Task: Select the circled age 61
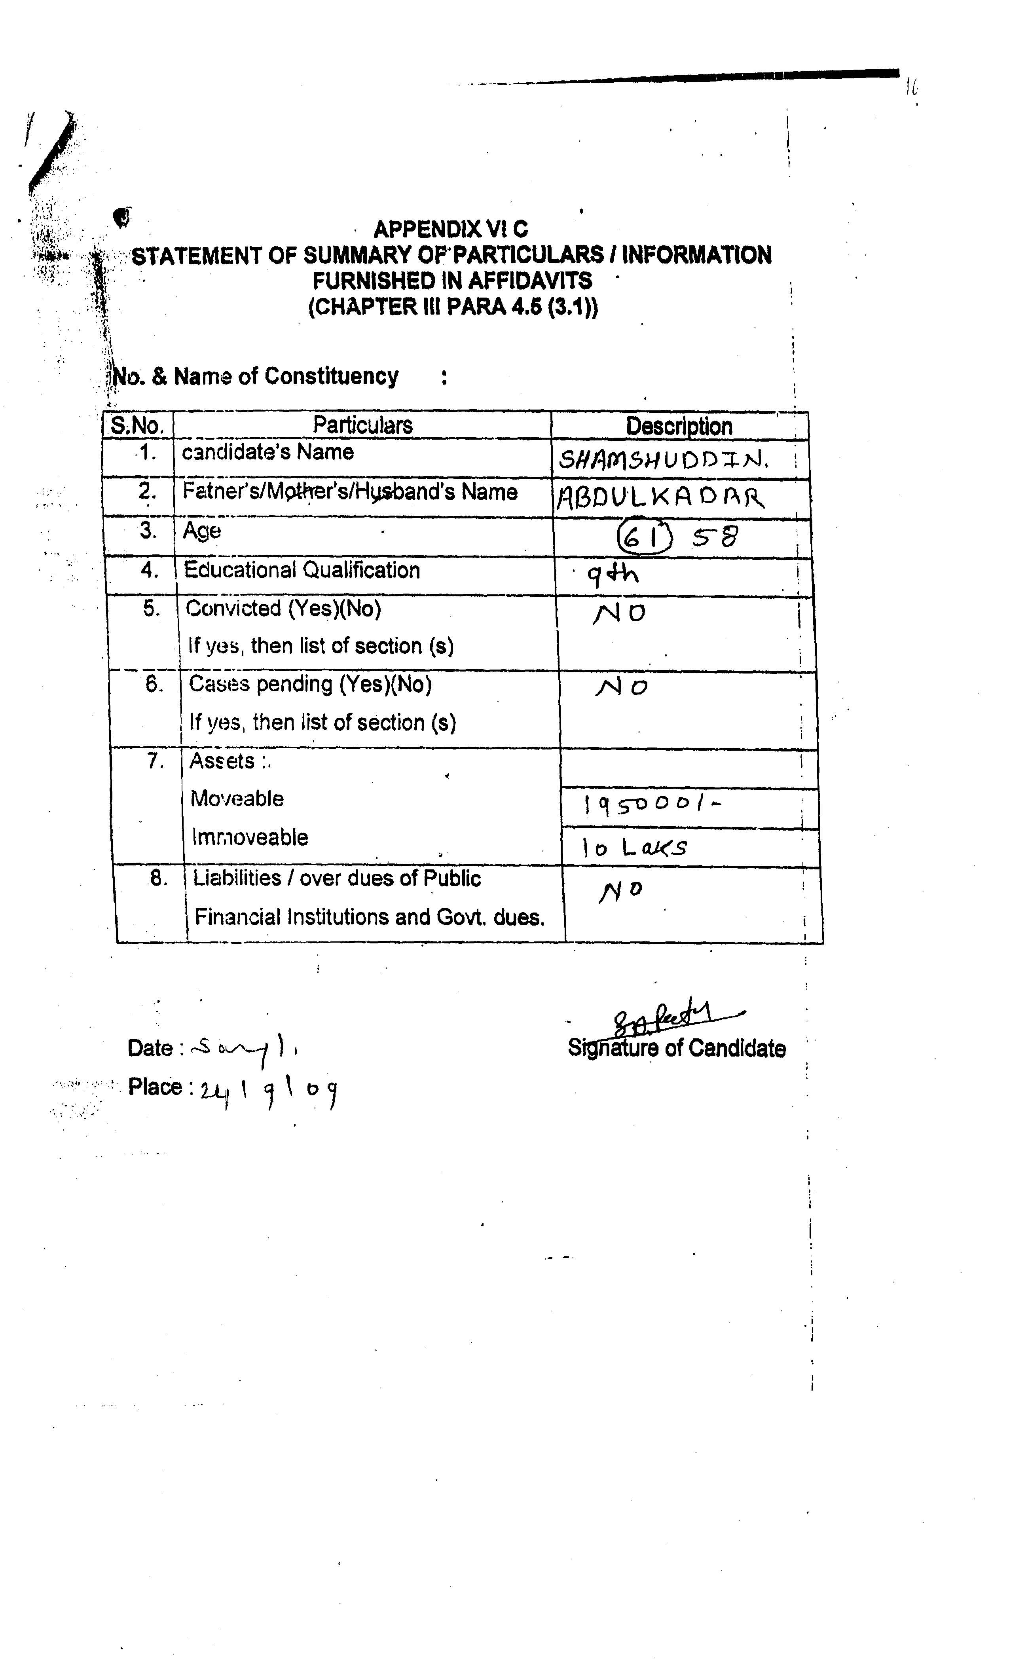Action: coord(644,538)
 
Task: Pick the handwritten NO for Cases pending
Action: coord(621,687)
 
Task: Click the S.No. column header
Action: coord(138,426)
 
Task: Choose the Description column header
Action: coord(679,426)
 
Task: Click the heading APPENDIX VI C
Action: coord(451,230)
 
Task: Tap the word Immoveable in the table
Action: coord(250,837)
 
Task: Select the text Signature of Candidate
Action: coord(677,1048)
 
